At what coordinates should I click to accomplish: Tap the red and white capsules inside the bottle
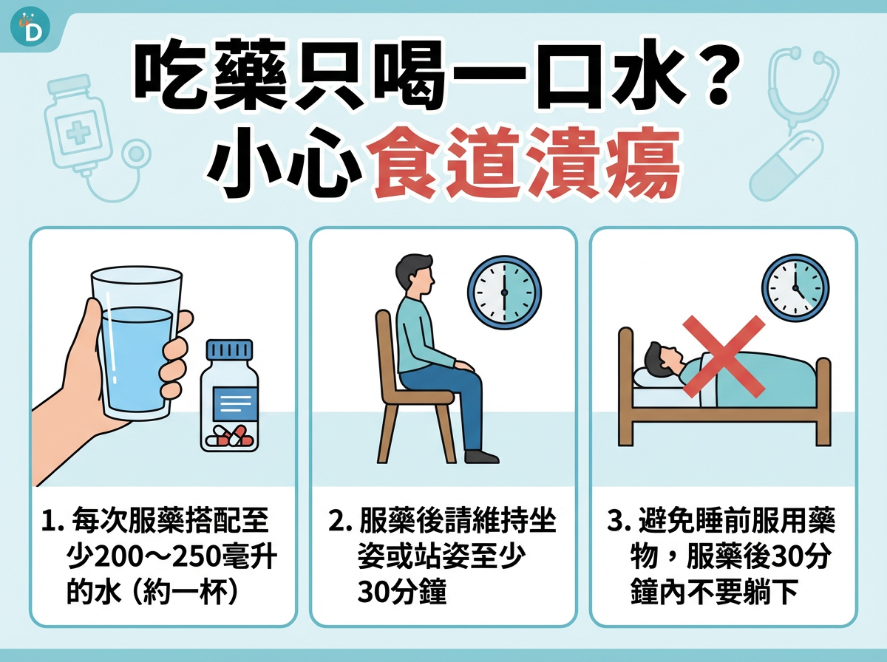click(x=230, y=435)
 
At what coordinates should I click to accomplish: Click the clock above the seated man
click(x=504, y=293)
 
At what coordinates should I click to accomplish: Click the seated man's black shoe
click(x=482, y=456)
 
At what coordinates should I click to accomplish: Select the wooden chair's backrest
click(x=385, y=347)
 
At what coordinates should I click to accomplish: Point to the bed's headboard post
click(x=625, y=384)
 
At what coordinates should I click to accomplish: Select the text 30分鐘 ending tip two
click(x=402, y=592)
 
